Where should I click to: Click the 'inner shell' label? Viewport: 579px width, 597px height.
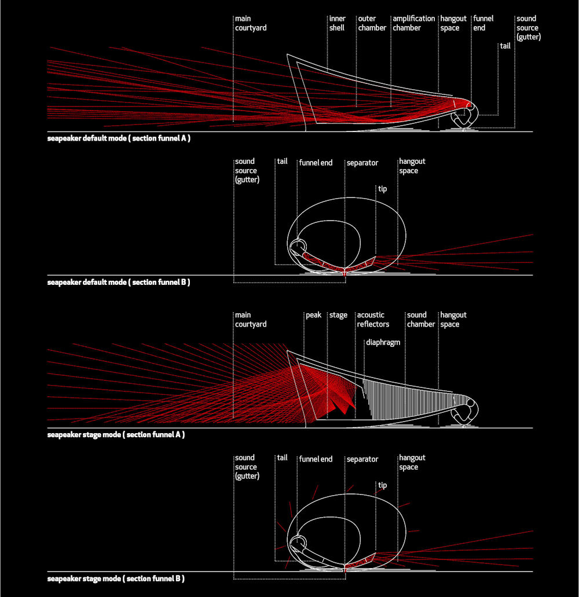click(338, 23)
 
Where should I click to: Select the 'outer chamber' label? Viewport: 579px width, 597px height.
click(372, 23)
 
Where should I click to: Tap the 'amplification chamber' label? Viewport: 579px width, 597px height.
click(413, 23)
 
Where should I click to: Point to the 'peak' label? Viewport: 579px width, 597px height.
click(313, 315)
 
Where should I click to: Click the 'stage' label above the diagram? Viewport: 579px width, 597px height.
click(338, 315)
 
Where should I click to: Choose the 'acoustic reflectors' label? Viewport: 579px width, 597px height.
click(373, 320)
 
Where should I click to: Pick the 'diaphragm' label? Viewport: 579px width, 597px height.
click(383, 343)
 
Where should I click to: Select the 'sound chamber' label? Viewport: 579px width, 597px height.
click(420, 320)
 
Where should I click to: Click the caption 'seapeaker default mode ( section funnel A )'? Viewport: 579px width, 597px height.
click(119, 138)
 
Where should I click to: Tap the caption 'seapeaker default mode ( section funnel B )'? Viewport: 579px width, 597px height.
click(119, 283)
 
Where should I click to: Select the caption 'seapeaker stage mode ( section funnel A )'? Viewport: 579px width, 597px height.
click(116, 435)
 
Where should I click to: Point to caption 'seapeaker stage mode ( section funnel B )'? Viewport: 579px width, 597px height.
click(116, 578)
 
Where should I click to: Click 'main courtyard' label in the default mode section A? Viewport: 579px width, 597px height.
click(251, 23)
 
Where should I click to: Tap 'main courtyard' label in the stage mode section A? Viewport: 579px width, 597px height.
click(251, 320)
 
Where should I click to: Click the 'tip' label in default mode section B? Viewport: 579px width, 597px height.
click(382, 189)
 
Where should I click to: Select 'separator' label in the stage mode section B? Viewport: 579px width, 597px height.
click(362, 459)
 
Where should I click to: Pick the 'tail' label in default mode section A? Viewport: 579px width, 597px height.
click(505, 46)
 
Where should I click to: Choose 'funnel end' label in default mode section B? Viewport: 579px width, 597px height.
click(316, 163)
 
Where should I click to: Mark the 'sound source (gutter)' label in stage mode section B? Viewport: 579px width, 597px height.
click(247, 467)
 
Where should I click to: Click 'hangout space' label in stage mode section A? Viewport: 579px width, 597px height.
click(453, 320)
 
